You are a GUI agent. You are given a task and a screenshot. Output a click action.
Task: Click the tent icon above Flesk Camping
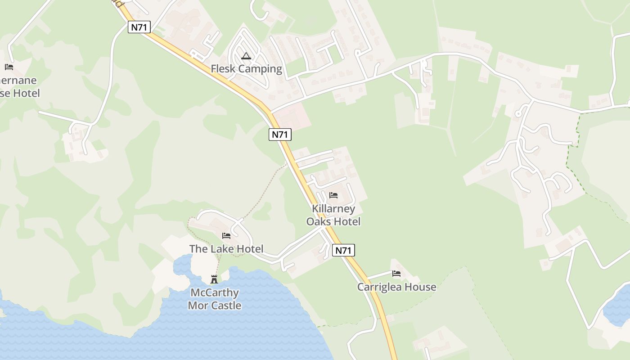pos(246,56)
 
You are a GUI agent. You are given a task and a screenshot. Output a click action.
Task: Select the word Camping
pos(260,69)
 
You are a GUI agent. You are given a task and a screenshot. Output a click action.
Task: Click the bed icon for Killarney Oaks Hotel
pos(333,195)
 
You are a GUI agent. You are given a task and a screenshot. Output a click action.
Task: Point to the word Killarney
pos(333,209)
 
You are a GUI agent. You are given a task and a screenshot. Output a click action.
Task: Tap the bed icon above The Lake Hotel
pos(226,236)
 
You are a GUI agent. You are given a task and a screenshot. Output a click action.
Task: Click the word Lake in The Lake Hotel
pos(223,249)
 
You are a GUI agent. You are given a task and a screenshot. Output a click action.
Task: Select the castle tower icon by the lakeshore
pos(214,279)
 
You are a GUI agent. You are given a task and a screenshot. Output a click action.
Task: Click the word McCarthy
pos(215,293)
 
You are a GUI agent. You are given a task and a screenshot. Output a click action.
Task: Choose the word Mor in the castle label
pos(198,306)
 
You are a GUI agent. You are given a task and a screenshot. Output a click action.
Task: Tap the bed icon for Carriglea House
pos(396,273)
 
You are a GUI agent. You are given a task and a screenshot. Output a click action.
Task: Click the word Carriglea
pos(379,287)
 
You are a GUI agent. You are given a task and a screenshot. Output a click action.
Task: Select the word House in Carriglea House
pos(420,287)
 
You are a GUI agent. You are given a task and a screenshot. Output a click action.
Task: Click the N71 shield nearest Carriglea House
pos(343,250)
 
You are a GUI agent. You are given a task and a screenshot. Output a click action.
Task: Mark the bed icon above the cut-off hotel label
pos(9,67)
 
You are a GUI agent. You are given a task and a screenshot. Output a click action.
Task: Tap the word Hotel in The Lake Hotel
pos(250,249)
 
